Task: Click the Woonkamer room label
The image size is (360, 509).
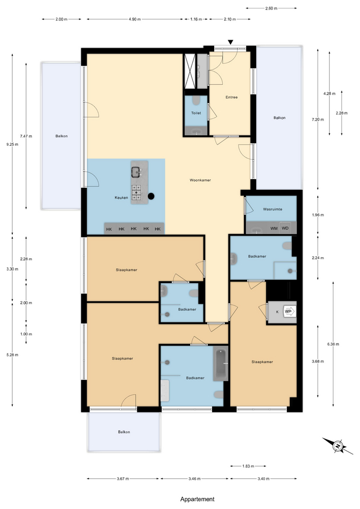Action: (x=200, y=180)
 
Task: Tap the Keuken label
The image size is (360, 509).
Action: (x=121, y=197)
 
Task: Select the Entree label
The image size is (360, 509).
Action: (x=232, y=97)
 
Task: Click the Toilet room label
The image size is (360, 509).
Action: (x=196, y=113)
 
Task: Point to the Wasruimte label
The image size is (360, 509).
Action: (x=273, y=209)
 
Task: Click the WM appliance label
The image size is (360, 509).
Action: (x=274, y=228)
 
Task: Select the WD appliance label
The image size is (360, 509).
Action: (x=285, y=228)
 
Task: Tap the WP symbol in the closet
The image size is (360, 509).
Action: (x=288, y=311)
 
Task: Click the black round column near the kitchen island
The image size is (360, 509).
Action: (x=151, y=196)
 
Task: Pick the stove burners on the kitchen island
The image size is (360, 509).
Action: (x=137, y=192)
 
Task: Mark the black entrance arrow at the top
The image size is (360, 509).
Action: (x=231, y=42)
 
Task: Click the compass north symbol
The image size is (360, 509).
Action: (x=338, y=446)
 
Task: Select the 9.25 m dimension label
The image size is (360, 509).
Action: (x=12, y=144)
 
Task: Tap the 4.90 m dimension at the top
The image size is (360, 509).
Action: (x=135, y=19)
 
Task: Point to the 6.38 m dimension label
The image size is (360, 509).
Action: (x=333, y=344)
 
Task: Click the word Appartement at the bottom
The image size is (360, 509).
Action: (x=197, y=499)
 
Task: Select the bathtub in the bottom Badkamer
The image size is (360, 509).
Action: (x=221, y=364)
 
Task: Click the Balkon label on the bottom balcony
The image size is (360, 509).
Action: (x=124, y=432)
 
